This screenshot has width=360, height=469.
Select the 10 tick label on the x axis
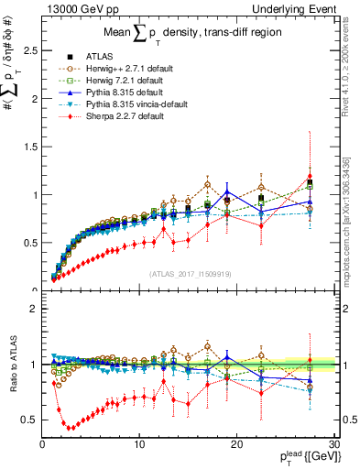139,444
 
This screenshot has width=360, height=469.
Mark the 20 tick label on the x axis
236,444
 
